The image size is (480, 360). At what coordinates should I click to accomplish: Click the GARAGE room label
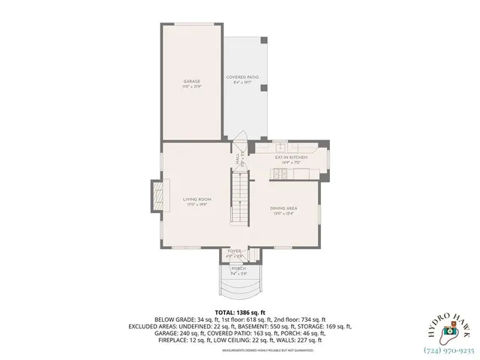(192, 81)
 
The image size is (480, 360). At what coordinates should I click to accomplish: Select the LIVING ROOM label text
(197, 198)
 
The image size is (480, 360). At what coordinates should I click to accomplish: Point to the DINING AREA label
(283, 209)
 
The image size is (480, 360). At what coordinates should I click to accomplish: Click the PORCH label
(238, 268)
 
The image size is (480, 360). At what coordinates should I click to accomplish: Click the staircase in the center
(238, 199)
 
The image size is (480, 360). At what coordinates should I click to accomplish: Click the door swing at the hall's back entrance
(240, 144)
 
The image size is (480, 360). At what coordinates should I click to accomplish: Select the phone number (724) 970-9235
(450, 349)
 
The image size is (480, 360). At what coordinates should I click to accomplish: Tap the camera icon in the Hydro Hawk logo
(448, 330)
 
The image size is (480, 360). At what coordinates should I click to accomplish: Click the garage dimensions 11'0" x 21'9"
(192, 87)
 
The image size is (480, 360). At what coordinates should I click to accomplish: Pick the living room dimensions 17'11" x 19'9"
(197, 204)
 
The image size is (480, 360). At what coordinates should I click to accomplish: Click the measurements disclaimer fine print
(241, 350)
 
